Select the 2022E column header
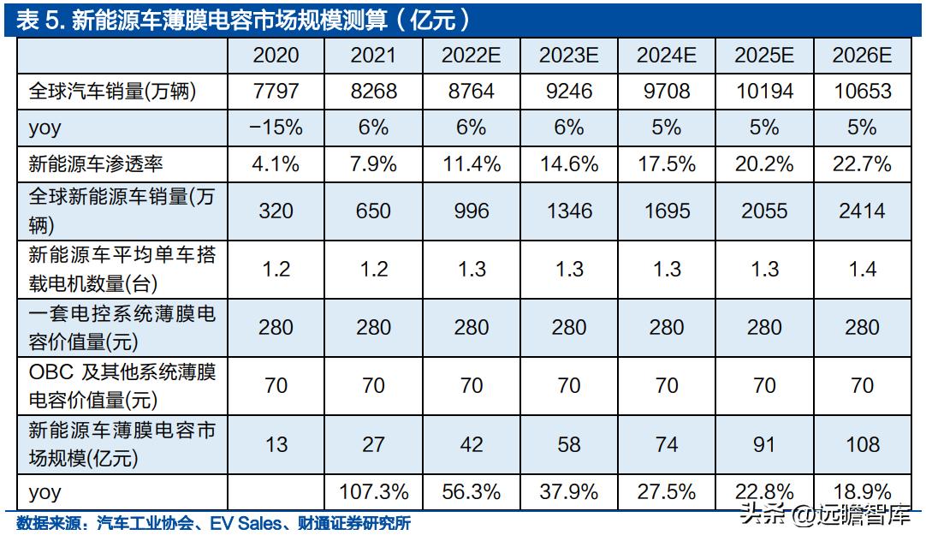click(x=471, y=56)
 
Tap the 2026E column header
click(x=862, y=56)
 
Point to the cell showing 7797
click(x=276, y=91)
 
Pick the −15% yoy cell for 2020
click(x=276, y=128)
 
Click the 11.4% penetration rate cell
click(x=471, y=163)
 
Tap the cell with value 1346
click(x=568, y=211)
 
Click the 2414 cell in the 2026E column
click(x=862, y=211)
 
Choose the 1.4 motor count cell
click(x=862, y=269)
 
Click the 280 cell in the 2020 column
click(x=276, y=327)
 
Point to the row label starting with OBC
click(x=120, y=385)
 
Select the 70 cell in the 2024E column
click(x=666, y=385)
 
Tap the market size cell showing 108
click(x=862, y=443)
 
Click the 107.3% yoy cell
click(x=373, y=492)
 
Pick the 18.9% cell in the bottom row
click(x=862, y=492)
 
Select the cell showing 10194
click(x=763, y=91)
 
